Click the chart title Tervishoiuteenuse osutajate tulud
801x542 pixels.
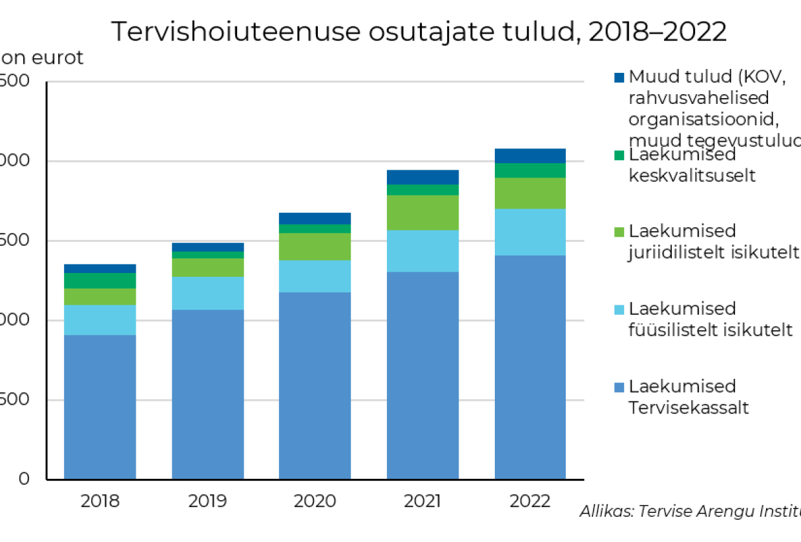pyautogui.click(x=419, y=31)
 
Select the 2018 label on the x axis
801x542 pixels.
pyautogui.click(x=100, y=501)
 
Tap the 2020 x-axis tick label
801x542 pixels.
pyautogui.click(x=315, y=501)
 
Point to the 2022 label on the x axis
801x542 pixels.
pyautogui.click(x=530, y=501)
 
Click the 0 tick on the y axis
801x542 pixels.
pyautogui.click(x=23, y=479)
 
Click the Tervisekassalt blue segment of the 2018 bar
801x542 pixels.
pyautogui.click(x=100, y=406)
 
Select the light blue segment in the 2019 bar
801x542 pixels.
pyautogui.click(x=207, y=293)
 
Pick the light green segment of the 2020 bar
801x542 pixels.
pyautogui.click(x=315, y=246)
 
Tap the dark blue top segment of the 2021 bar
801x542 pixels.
pyautogui.click(x=422, y=177)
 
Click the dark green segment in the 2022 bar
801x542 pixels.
pyautogui.click(x=530, y=170)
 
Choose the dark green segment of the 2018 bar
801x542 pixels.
pyautogui.click(x=100, y=281)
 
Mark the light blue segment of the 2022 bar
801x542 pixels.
pyautogui.click(x=530, y=232)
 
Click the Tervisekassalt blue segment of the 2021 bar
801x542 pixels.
pyautogui.click(x=422, y=374)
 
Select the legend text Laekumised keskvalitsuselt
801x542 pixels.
pyautogui.click(x=691, y=165)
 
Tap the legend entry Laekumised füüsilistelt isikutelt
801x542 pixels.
pyautogui.click(x=710, y=319)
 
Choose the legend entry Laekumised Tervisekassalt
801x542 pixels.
pyautogui.click(x=688, y=397)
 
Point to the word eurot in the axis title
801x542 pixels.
pyautogui.click(x=57, y=58)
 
